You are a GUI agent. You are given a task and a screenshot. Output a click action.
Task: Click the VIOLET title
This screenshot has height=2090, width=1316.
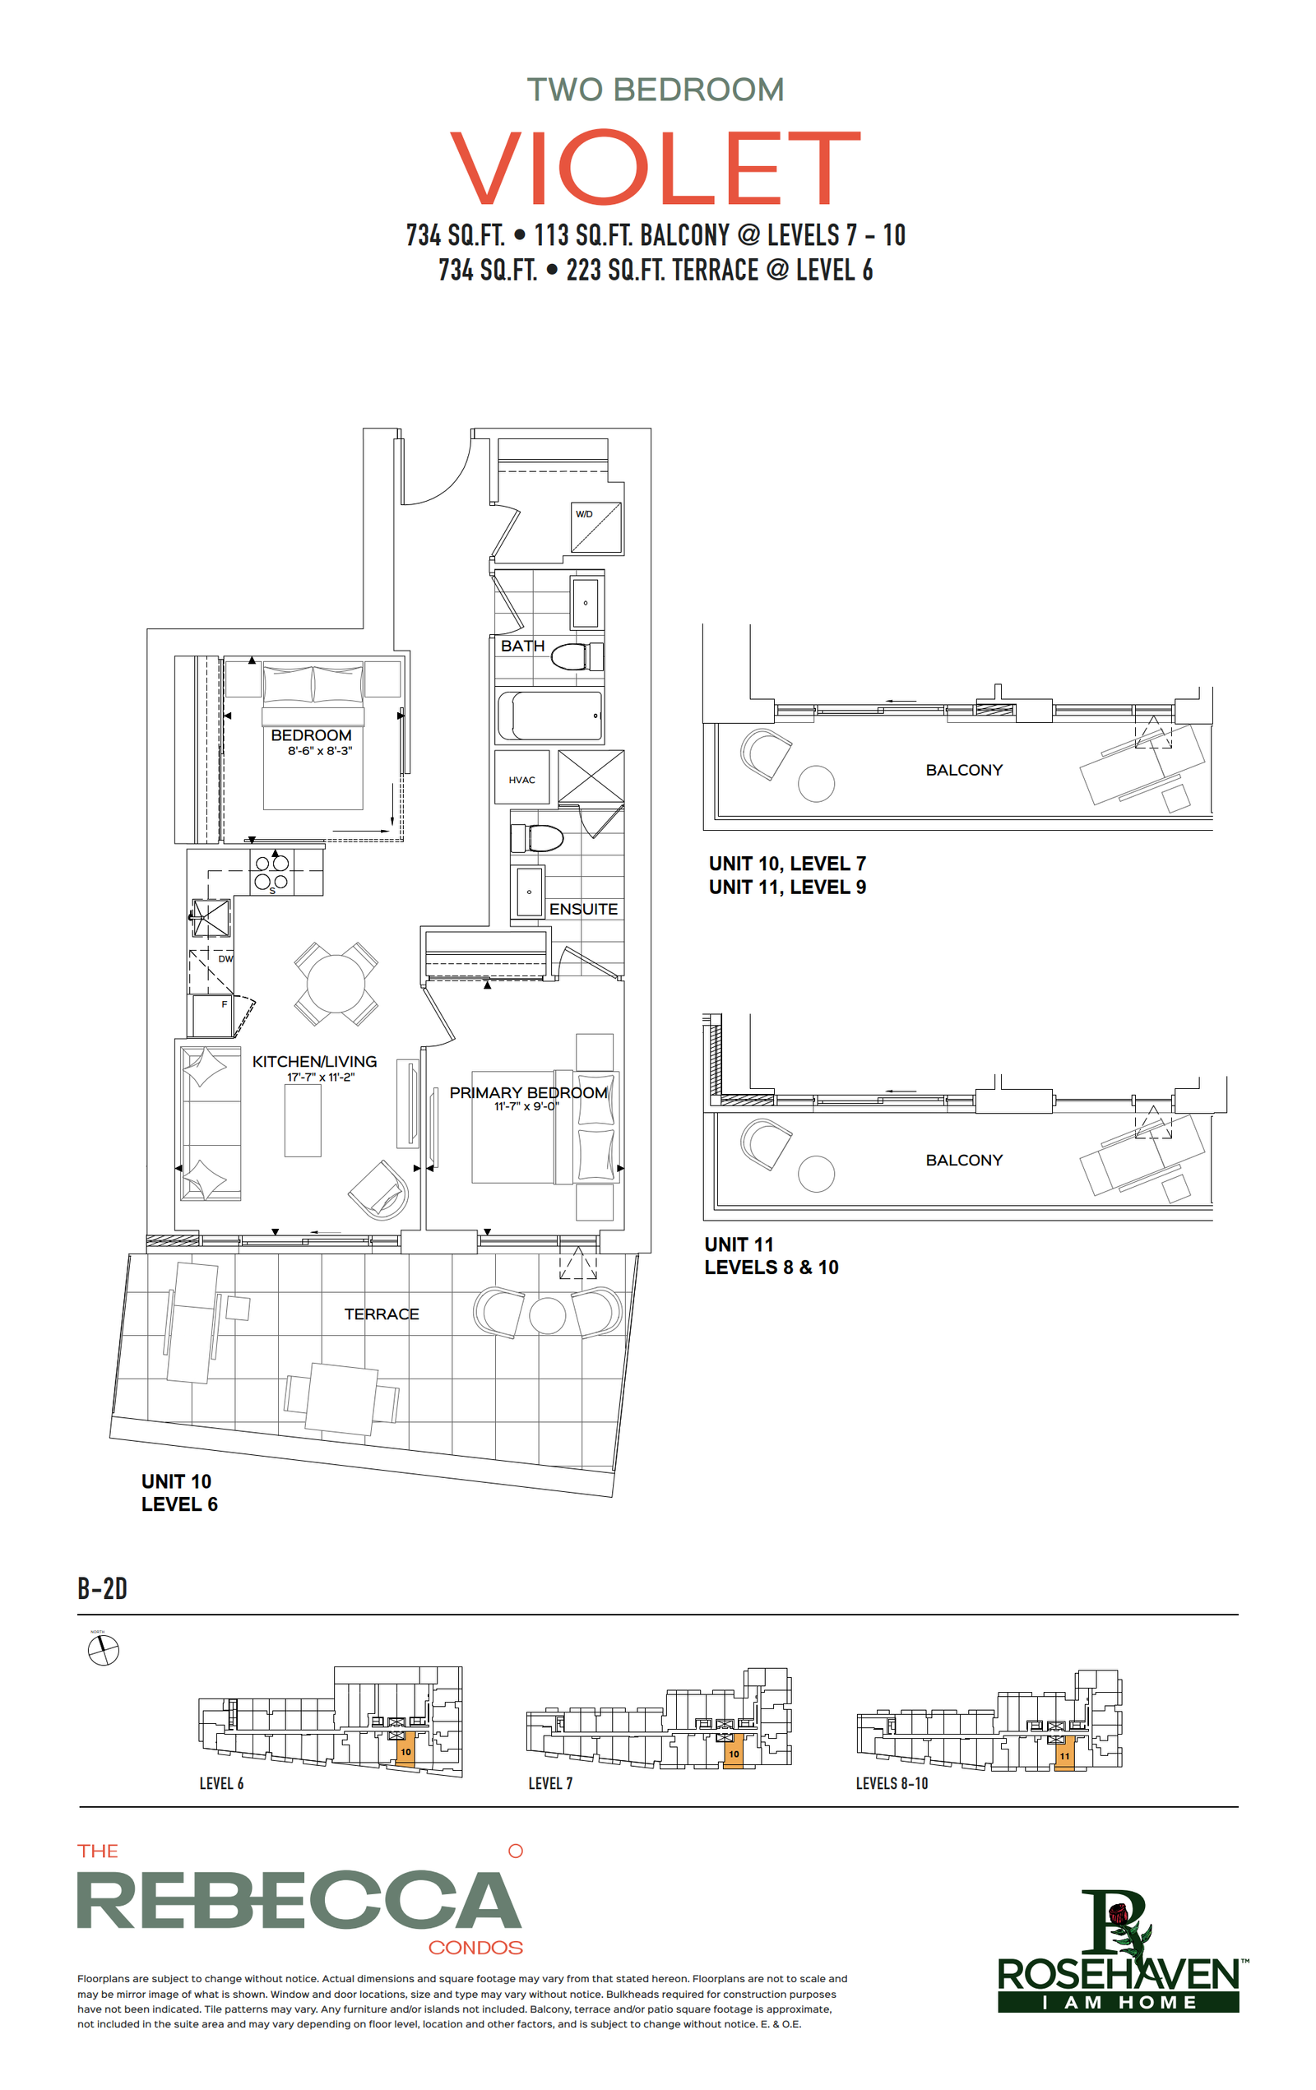[x=656, y=167]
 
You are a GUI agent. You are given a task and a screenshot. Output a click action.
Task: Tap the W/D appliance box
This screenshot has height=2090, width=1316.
[x=596, y=527]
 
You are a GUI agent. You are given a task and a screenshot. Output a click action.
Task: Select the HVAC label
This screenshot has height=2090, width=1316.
[x=521, y=780]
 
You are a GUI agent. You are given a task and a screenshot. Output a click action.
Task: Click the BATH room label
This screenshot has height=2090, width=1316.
[x=522, y=646]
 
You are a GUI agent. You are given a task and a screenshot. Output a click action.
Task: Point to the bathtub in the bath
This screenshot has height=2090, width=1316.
[x=549, y=716]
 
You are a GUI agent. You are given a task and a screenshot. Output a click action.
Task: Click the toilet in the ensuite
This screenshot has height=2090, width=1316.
[x=536, y=838]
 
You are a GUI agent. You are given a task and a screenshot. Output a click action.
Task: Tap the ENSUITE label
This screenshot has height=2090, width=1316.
[x=583, y=909]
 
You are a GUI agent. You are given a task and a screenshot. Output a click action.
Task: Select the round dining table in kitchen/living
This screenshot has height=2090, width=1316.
[x=336, y=984]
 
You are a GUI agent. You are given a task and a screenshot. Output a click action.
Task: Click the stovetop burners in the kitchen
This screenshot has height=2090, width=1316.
[x=271, y=871]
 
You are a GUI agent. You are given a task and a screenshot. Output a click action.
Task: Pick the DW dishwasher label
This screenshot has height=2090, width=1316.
[x=225, y=959]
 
